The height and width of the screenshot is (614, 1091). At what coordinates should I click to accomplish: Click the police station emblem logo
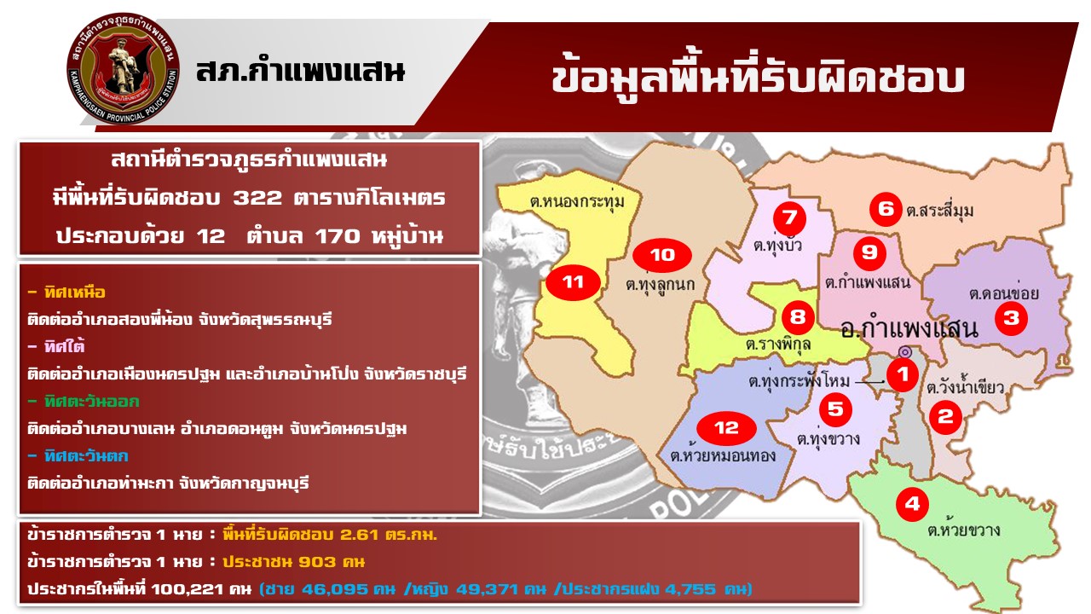click(x=124, y=68)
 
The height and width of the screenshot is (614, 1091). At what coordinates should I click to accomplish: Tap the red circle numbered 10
click(x=662, y=255)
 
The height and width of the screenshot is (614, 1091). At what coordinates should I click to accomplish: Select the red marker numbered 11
click(x=573, y=282)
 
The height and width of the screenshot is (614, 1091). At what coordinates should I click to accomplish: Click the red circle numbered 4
click(x=912, y=504)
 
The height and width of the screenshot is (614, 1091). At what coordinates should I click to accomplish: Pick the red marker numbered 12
click(x=726, y=428)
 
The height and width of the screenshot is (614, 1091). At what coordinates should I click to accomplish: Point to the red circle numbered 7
click(x=789, y=217)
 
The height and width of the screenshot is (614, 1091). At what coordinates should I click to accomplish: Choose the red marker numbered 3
click(x=1011, y=318)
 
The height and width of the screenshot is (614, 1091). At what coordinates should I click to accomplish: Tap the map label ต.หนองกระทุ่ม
click(x=577, y=201)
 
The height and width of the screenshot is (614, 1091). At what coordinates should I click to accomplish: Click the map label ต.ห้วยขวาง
click(x=963, y=530)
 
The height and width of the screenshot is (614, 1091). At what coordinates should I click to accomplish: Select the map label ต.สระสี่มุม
click(x=939, y=210)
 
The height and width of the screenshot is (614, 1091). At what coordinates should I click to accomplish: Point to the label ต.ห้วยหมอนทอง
click(x=723, y=455)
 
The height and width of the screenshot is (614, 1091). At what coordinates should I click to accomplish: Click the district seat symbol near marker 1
click(x=905, y=352)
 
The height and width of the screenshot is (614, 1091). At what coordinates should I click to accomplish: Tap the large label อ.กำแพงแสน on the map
click(x=909, y=329)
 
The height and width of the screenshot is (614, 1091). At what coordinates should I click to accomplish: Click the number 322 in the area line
click(x=257, y=198)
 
